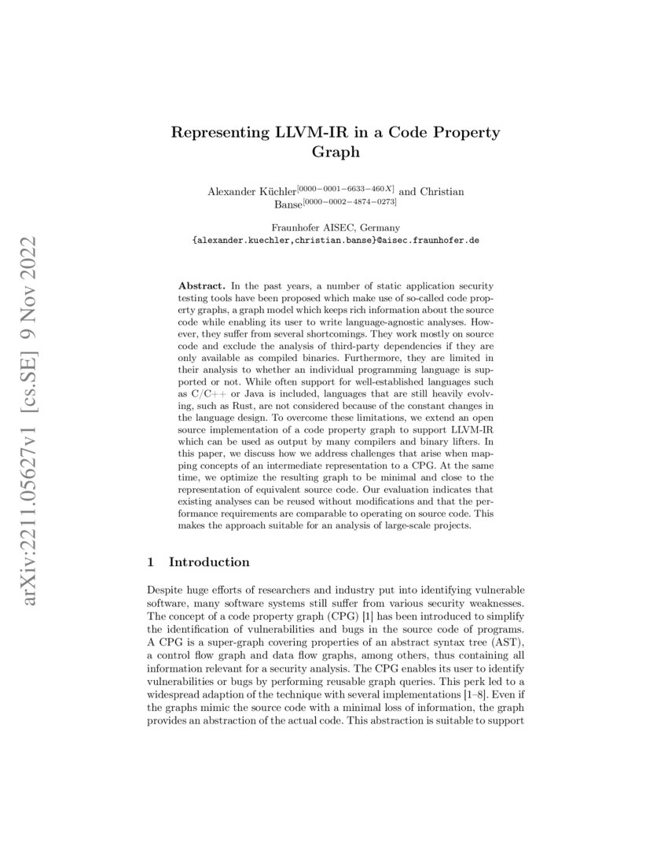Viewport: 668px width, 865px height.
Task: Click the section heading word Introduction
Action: pos(209,562)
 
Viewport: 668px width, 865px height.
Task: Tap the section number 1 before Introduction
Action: pos(150,562)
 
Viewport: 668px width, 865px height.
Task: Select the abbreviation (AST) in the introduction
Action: pos(508,620)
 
